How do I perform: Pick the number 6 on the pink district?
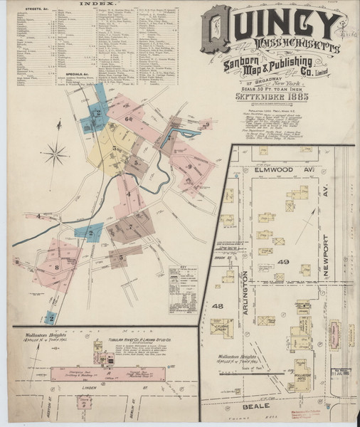[x=129, y=119]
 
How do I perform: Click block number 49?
[x=283, y=262]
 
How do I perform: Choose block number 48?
[x=217, y=307]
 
